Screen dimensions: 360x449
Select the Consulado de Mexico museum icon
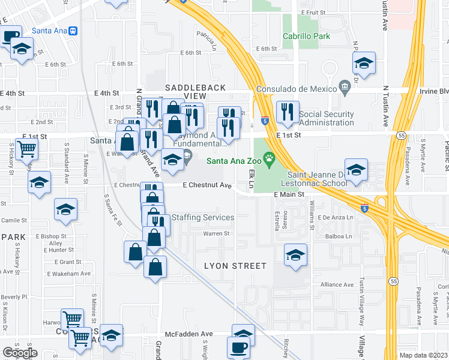pyautogui.click(x=345, y=89)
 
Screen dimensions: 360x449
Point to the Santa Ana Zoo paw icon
pyautogui.click(x=270, y=160)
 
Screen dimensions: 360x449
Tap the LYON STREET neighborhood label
pyautogui.click(x=235, y=265)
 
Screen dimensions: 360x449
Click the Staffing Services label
pyautogui.click(x=203, y=217)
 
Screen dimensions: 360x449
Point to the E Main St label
pyautogui.click(x=293, y=194)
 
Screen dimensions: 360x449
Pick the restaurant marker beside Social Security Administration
pyautogui.click(x=287, y=112)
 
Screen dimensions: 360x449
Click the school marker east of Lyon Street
pyautogui.click(x=294, y=254)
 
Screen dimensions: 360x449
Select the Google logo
pyautogui.click(x=20, y=353)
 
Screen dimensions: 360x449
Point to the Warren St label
pyautogui.click(x=216, y=233)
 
